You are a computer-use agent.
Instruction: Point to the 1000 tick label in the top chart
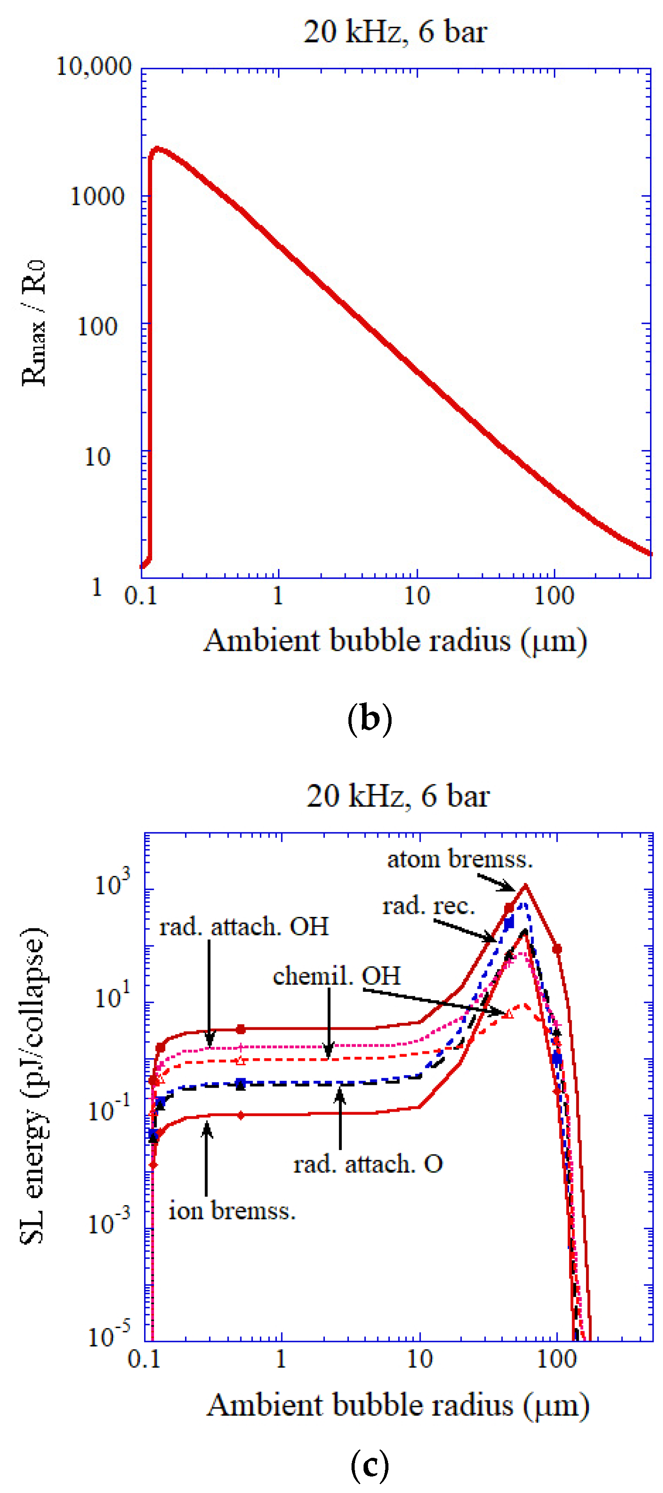(97, 196)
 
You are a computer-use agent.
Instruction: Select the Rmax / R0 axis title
(33, 323)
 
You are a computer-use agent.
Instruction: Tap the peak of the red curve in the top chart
(156, 149)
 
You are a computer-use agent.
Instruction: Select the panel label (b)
(369, 718)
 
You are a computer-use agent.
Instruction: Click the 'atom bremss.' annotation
(460, 859)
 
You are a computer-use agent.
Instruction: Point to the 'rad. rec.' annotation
(428, 906)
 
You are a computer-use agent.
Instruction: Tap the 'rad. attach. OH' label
(244, 927)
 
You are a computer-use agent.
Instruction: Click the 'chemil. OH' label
(336, 976)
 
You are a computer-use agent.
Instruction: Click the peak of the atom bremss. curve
(525, 885)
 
